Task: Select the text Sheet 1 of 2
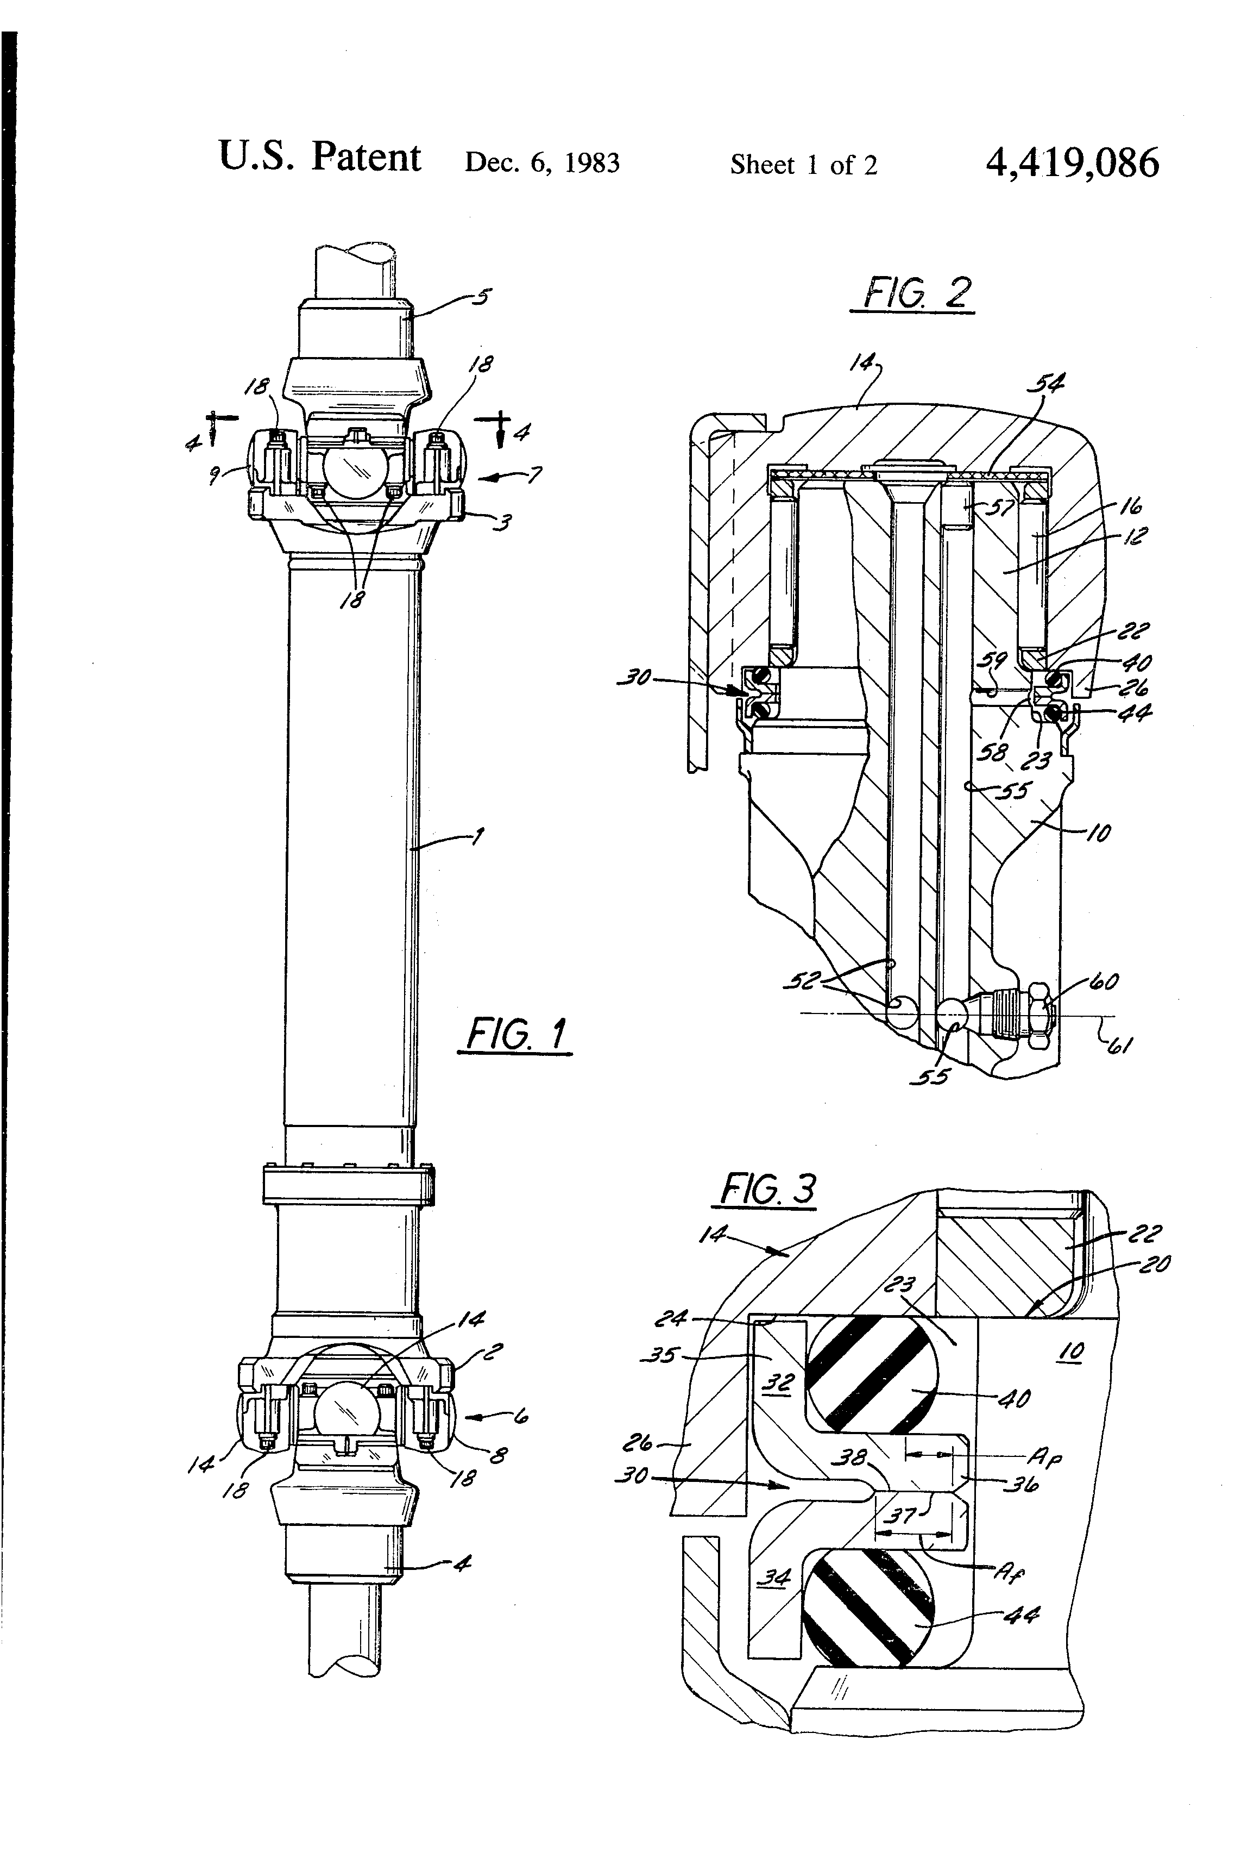[804, 165]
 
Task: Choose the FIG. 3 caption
[767, 1190]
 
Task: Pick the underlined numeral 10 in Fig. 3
[1073, 1350]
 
